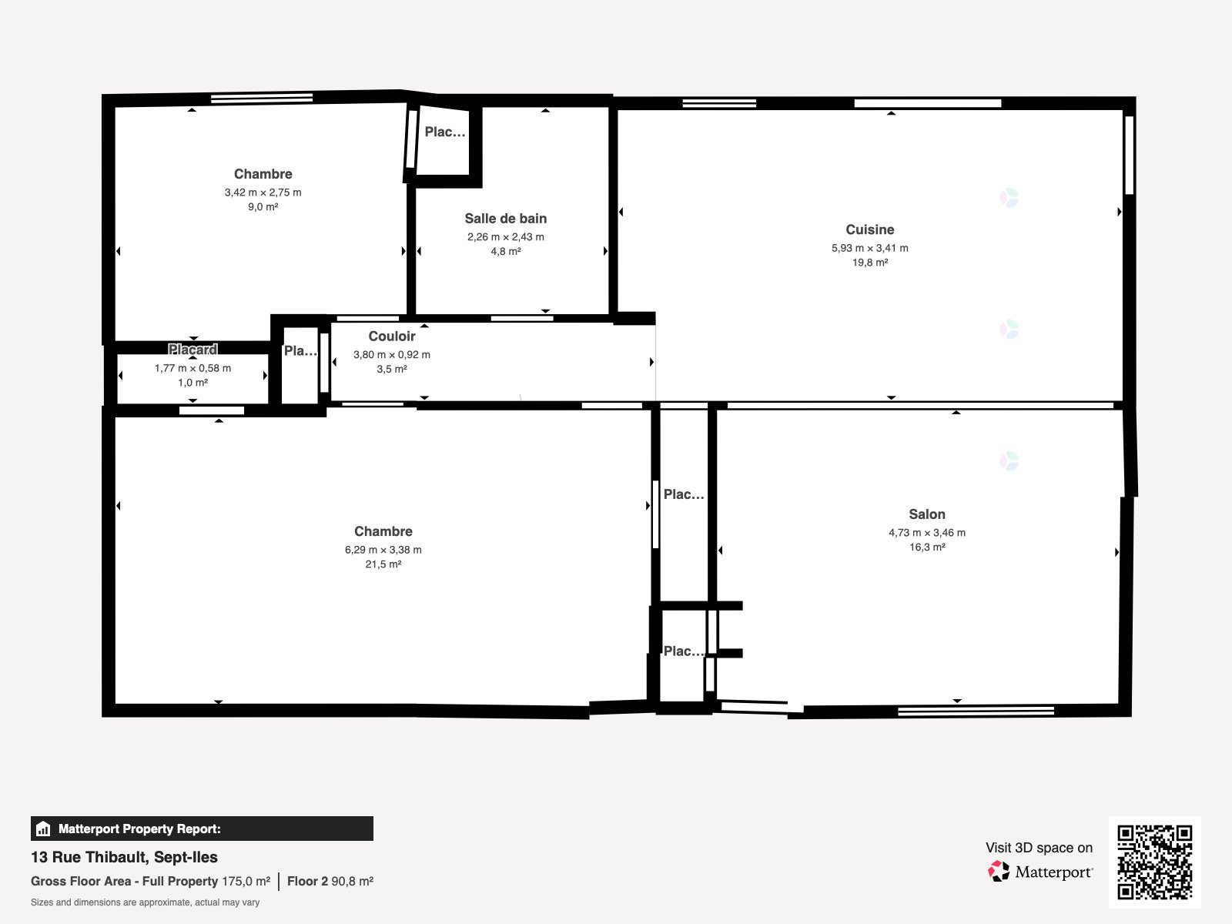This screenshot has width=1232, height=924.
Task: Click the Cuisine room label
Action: (869, 229)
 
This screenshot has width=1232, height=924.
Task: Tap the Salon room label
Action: (926, 514)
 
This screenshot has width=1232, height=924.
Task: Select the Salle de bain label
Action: (505, 219)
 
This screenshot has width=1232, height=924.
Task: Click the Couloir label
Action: (391, 336)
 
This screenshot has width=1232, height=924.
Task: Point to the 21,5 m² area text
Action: (383, 564)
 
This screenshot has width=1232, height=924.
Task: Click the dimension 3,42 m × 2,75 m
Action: (263, 192)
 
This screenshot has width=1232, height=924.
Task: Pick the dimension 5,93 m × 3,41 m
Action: (869, 248)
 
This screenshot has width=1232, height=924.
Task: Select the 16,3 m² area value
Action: (926, 547)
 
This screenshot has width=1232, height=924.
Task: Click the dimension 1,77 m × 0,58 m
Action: (192, 368)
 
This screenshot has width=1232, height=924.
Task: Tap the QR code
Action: (1154, 862)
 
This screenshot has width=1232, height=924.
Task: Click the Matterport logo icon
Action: (999, 872)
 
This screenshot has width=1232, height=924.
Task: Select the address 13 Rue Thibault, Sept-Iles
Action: (124, 857)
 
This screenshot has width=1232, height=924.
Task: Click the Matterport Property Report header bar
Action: (202, 829)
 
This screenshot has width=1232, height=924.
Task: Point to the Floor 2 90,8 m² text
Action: (330, 881)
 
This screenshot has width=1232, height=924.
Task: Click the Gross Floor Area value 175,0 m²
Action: (246, 881)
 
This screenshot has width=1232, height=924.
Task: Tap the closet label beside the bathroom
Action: (444, 132)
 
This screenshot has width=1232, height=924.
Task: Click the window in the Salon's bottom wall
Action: (975, 711)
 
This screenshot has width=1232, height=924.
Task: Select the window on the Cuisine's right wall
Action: (1129, 155)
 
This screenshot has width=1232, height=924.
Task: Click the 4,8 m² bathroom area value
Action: (505, 252)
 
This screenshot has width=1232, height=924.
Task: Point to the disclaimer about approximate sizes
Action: (145, 902)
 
